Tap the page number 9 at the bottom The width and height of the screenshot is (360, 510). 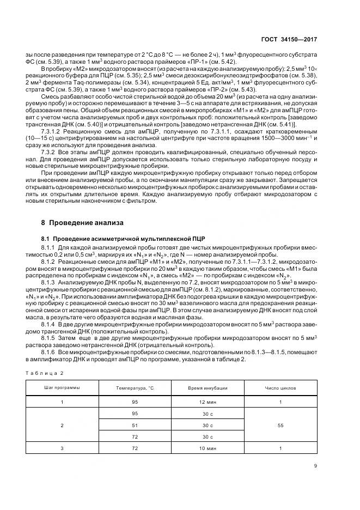click(315, 465)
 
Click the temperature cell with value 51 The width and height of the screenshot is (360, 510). click(135, 425)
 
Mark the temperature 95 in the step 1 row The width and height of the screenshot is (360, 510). click(135, 402)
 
